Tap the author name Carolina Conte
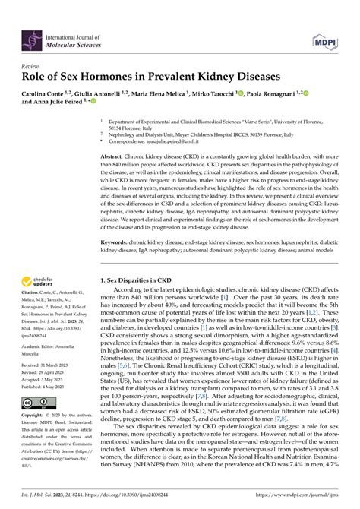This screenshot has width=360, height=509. click(48, 93)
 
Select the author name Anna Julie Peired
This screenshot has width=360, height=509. click(55, 104)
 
